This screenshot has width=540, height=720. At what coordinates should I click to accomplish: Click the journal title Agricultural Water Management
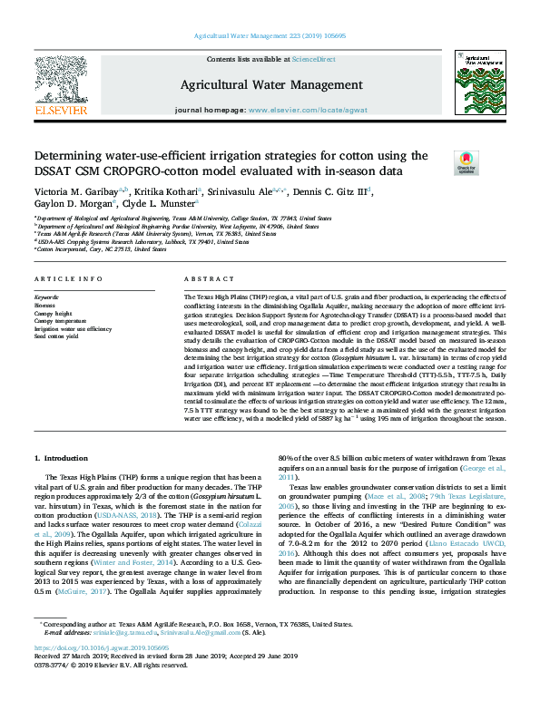(270, 84)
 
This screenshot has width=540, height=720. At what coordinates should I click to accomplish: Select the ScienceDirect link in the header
(313, 59)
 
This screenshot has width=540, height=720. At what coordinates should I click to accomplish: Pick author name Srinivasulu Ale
(258, 191)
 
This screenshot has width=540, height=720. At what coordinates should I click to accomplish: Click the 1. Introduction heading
(62, 459)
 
